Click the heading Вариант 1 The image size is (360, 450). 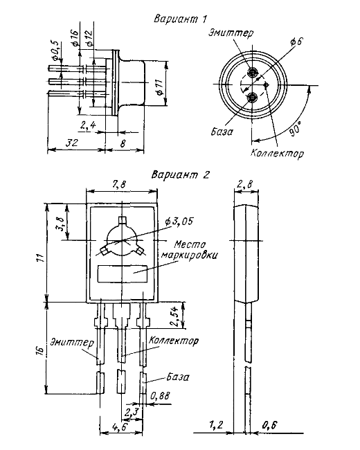point(181,19)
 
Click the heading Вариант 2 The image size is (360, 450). point(181,174)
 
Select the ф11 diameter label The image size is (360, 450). point(159,87)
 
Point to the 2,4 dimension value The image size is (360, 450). point(88,125)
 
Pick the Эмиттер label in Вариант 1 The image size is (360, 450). point(231,32)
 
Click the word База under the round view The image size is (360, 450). point(222,132)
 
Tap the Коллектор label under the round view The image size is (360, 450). point(277,153)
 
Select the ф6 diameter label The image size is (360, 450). point(296,42)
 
